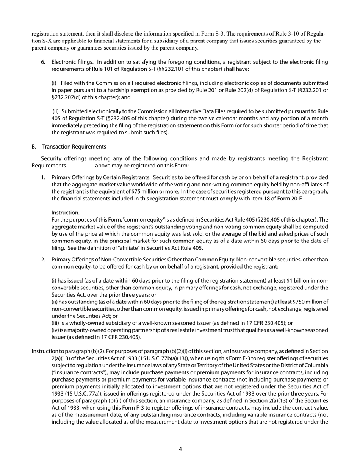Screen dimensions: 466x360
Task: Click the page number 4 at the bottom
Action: (180, 449)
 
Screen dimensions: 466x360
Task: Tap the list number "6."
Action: (43, 62)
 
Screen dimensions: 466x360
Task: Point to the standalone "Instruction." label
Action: (65, 213)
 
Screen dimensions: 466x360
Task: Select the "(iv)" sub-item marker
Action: (56, 330)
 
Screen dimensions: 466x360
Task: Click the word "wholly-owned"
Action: (87, 323)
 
